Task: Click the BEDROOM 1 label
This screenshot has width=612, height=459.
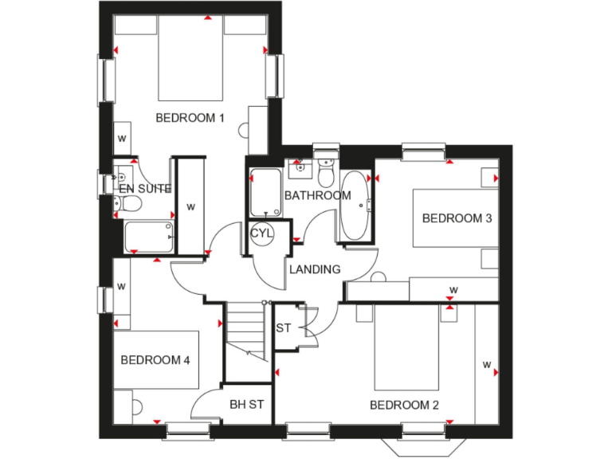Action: point(190,118)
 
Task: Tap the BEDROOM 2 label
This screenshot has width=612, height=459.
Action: point(404,405)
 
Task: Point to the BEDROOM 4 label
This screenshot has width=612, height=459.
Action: point(155,360)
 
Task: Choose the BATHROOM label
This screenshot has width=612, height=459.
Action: point(317,195)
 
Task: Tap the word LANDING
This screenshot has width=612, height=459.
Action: point(315,269)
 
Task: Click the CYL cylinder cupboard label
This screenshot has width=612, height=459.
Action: point(261,233)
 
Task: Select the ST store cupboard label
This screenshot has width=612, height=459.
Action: point(284,328)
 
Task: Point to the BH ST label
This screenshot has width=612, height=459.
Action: point(246,405)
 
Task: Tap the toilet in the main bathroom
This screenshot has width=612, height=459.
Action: point(326,171)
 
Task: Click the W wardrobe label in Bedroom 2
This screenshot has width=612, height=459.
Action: point(485,365)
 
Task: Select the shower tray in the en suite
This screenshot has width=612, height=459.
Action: point(150,236)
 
